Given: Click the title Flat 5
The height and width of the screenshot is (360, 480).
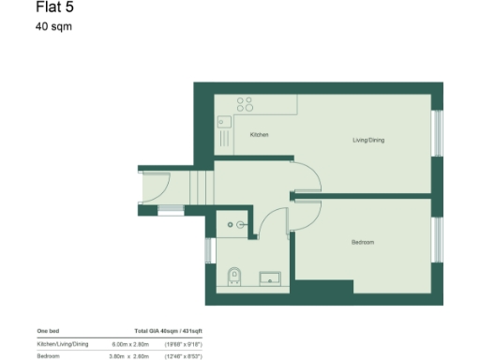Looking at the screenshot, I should tap(53, 9).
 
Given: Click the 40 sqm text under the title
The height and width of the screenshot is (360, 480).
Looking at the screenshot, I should tap(53, 26).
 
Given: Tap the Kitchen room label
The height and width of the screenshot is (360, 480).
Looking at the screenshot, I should tap(260, 135).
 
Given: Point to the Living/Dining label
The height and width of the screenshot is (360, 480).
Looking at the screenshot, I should tap(368, 141).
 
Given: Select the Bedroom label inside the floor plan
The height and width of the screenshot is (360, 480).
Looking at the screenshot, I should tap(363, 242).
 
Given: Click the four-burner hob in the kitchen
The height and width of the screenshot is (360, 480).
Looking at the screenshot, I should tap(246, 104).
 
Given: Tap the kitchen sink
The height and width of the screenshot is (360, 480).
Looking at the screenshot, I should tap(225, 121).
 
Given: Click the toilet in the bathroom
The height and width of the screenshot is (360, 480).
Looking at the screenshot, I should tap(234, 275).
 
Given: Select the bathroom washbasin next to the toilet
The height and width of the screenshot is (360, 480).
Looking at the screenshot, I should tap(270, 277).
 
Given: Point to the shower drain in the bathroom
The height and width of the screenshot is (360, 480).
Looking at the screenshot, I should tap(241, 224).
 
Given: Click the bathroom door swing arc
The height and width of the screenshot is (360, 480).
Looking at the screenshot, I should tap(272, 223).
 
